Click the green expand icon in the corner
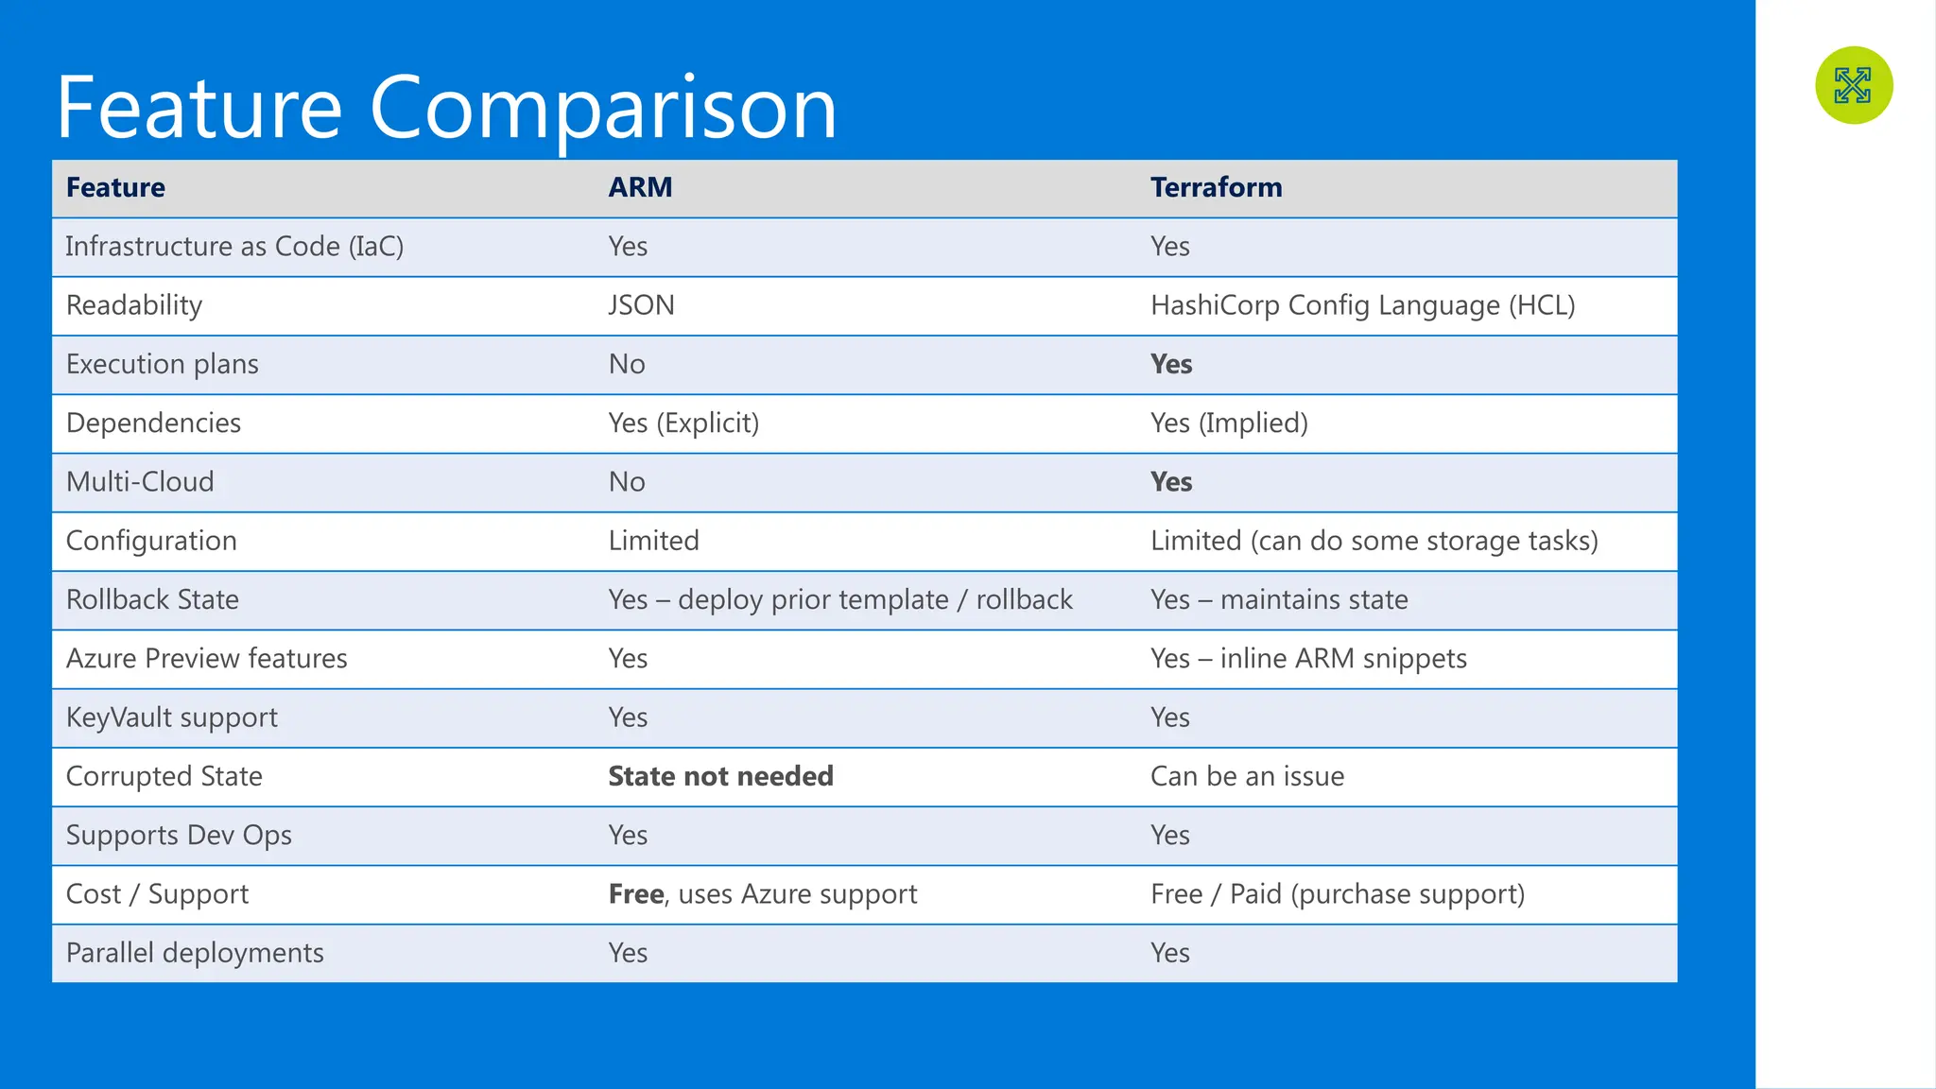1853,85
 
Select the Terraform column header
1216,187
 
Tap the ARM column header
640,187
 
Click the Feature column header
115,187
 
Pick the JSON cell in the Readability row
641,305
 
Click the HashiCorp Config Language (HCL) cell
1362,305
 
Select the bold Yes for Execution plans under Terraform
1170,364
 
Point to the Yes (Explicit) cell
683,423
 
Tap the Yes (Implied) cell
1229,423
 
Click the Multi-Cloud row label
140,482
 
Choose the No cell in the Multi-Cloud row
627,482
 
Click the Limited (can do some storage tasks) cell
1374,541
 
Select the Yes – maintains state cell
1279,599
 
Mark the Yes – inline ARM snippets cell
1308,658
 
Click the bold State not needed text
720,776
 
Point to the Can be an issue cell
1247,776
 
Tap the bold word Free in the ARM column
636,893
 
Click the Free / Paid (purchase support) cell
1337,893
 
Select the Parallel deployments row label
195,953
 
